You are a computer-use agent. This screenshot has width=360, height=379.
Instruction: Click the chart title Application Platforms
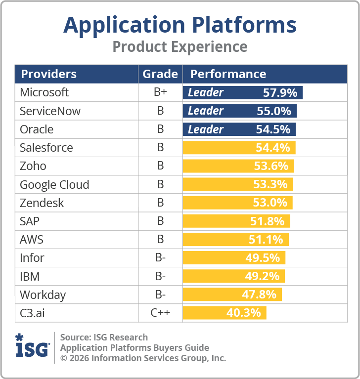click(180, 25)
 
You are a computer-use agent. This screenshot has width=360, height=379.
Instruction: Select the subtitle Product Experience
click(180, 47)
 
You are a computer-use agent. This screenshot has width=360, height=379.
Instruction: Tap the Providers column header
click(48, 74)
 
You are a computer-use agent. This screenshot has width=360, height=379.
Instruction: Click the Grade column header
click(160, 74)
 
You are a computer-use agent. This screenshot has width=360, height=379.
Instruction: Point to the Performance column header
click(228, 74)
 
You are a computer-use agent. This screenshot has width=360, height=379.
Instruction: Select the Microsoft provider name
click(44, 92)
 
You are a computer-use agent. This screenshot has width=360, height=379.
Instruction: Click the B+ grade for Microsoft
click(160, 92)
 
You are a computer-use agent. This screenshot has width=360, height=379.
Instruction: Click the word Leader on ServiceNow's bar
click(206, 111)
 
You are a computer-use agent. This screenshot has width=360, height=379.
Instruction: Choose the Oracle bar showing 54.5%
click(240, 129)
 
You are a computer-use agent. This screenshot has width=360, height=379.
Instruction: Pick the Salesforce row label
click(46, 148)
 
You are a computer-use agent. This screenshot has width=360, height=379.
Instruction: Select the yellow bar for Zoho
click(238, 166)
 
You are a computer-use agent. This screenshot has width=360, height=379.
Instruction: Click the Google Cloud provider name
click(54, 185)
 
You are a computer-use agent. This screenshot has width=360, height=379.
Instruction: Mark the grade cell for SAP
click(160, 221)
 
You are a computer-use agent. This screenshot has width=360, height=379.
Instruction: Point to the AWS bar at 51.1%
click(236, 240)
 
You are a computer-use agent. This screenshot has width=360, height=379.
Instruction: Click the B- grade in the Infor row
click(160, 258)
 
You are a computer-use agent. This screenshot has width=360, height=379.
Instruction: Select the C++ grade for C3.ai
click(160, 313)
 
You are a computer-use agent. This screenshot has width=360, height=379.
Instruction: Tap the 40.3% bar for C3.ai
click(225, 313)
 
